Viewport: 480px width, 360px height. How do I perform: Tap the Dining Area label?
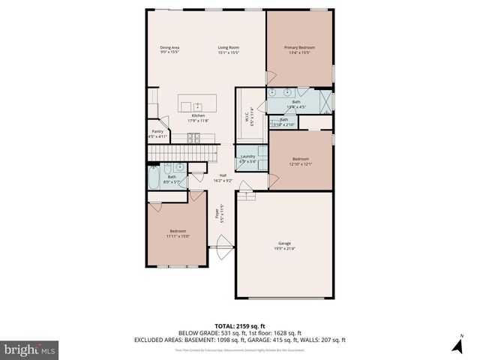point(169,48)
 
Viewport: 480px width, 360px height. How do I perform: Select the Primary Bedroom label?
point(299,48)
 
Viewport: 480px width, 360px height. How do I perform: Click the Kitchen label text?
point(199,115)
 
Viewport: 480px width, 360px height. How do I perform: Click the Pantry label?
point(157,132)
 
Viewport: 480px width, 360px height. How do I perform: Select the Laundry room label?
point(247,157)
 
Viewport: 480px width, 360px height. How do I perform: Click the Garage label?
point(284,243)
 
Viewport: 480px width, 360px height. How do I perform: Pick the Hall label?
point(223,175)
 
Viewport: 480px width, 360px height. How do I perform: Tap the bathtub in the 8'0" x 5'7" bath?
point(154,177)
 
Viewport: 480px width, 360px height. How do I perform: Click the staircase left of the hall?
point(176,153)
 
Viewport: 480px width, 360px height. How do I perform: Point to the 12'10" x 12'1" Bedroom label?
point(301,159)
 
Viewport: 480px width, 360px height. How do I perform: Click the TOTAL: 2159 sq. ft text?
point(239,325)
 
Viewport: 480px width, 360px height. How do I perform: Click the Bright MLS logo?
point(30,349)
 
